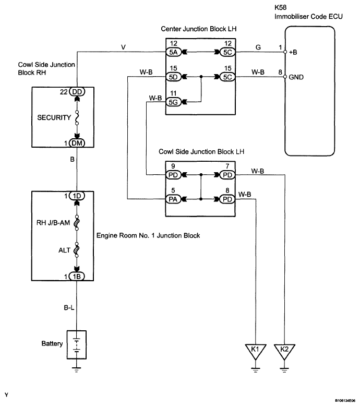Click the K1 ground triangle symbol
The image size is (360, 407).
[x=256, y=352]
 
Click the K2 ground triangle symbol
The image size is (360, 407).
[x=284, y=352]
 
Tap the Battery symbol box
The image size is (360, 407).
[x=77, y=345]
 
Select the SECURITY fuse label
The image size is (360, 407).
[x=54, y=117]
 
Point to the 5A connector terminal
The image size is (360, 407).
[x=173, y=52]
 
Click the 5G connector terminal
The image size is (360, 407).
[x=173, y=102]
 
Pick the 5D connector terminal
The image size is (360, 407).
[x=173, y=77]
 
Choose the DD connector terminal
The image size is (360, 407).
[x=77, y=92]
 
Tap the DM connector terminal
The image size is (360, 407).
[x=77, y=143]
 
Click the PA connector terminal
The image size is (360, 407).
[x=173, y=199]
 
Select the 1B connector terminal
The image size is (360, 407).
[x=77, y=277]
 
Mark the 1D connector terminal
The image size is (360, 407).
[x=77, y=196]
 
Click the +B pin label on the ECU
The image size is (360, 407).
[x=293, y=52]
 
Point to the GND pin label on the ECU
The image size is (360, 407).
[x=296, y=77]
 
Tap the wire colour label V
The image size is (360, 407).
[x=123, y=47]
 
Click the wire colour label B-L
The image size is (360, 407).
[x=69, y=307]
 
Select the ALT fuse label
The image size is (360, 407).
[x=64, y=250]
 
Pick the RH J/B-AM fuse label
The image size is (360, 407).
[x=53, y=223]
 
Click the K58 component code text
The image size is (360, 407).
[x=281, y=7]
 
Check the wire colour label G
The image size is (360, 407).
[x=258, y=47]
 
